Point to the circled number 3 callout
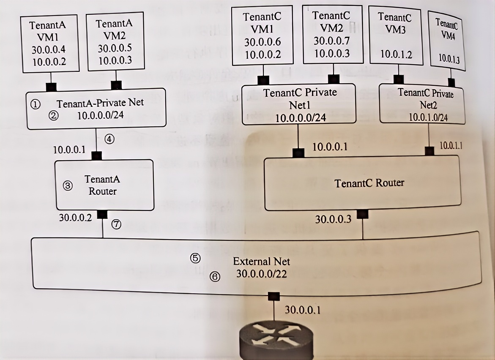pyautogui.click(x=68, y=185)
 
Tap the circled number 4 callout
pyautogui.click(x=110, y=139)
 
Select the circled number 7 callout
pyautogui.click(x=116, y=224)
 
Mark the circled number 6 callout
pyautogui.click(x=215, y=277)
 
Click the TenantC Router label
pyautogui.click(x=369, y=183)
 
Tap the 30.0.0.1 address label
pyautogui.click(x=302, y=310)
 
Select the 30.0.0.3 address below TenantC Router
pyautogui.click(x=333, y=219)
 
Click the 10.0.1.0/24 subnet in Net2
pyautogui.click(x=428, y=117)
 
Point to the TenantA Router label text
pyautogui.click(x=102, y=185)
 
